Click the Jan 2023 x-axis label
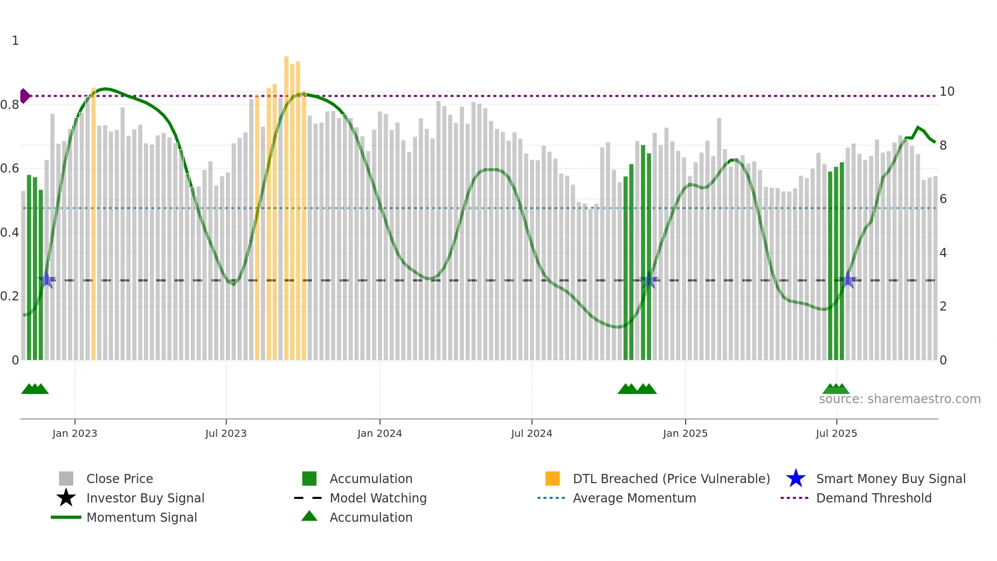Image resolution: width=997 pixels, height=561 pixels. (75, 433)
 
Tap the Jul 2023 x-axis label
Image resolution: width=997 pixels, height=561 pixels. (226, 433)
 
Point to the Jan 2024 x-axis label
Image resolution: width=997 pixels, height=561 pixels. (379, 433)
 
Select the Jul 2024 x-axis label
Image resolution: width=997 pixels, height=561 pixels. (532, 433)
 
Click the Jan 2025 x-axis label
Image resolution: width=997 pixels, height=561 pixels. (685, 433)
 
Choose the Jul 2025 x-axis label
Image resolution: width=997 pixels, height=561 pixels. (836, 433)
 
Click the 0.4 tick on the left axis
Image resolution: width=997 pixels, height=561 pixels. (10, 233)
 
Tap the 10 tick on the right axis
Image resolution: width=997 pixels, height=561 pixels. (947, 92)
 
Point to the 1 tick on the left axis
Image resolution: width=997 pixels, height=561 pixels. (15, 41)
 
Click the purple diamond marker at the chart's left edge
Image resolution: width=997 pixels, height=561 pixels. (24, 96)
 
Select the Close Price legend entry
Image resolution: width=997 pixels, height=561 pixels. (120, 479)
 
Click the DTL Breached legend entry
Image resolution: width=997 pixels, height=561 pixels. (671, 479)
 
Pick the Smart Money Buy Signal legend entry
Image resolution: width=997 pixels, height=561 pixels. (890, 479)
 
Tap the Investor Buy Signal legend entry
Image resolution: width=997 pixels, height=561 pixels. (145, 498)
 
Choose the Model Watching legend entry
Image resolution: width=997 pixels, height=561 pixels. (378, 498)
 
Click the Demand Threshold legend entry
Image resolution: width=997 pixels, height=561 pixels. (873, 498)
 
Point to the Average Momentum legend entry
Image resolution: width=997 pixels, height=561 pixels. (634, 498)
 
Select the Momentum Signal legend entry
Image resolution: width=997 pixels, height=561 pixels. (141, 517)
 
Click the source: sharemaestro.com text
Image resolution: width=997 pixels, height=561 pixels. (899, 399)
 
